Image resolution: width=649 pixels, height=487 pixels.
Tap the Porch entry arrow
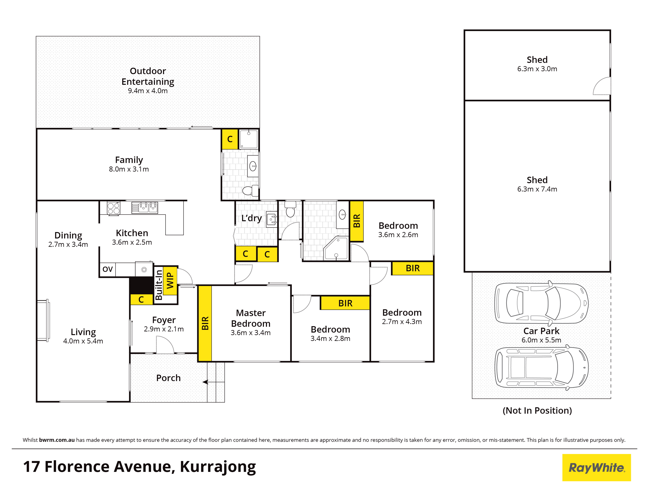[213, 382]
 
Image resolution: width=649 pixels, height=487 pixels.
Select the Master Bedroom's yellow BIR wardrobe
[205, 323]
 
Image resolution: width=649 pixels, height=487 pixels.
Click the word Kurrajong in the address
[218, 467]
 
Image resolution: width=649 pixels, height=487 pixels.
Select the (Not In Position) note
[537, 410]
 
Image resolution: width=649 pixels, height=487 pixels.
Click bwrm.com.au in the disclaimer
[57, 440]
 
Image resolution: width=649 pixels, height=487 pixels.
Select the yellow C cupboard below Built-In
[141, 299]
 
